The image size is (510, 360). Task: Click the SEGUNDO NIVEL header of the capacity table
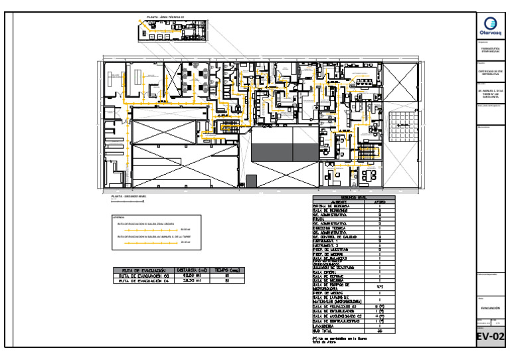click(354, 197)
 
